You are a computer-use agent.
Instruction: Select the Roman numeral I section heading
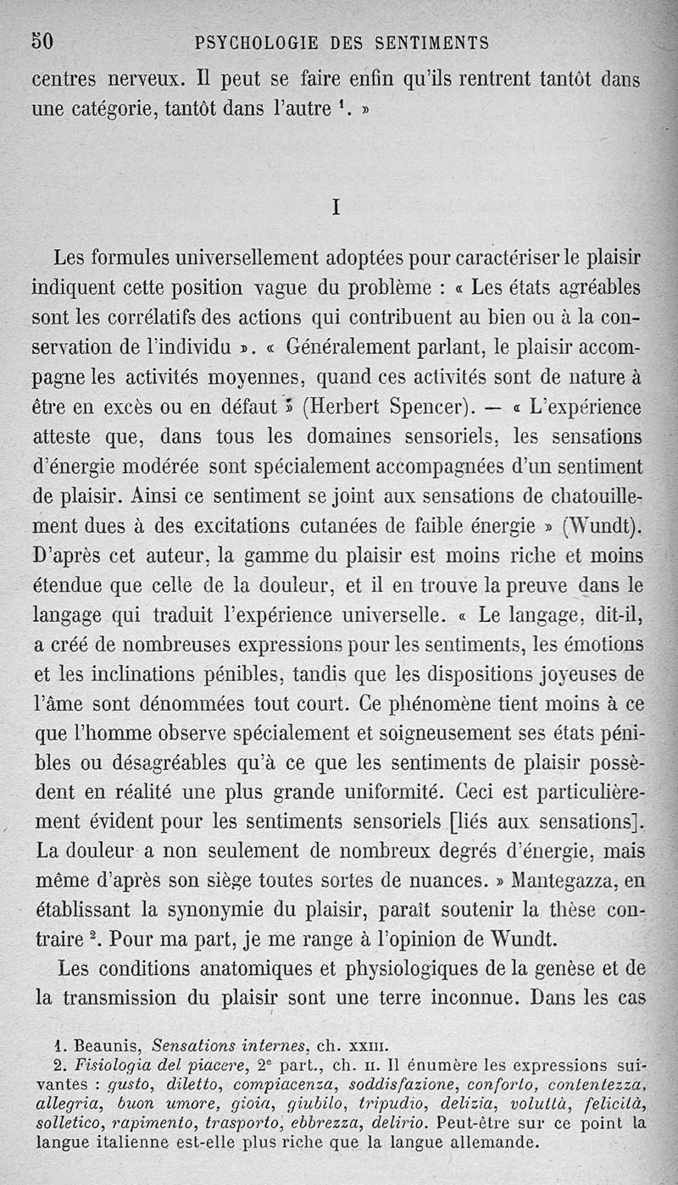point(336,207)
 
